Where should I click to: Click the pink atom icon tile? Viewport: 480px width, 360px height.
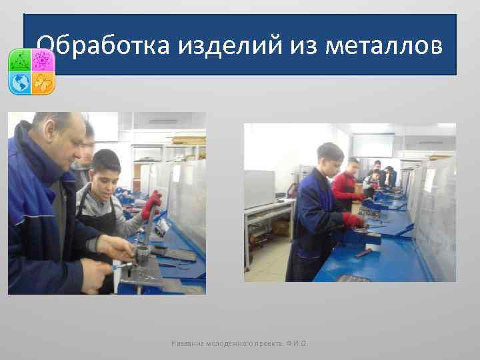point(43,61)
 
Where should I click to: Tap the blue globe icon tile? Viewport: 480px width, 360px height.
point(20,83)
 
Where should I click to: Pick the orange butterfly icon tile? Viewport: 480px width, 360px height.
point(43,83)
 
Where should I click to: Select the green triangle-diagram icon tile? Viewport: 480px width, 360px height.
point(20,61)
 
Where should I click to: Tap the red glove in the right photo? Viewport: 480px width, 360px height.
point(354,221)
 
